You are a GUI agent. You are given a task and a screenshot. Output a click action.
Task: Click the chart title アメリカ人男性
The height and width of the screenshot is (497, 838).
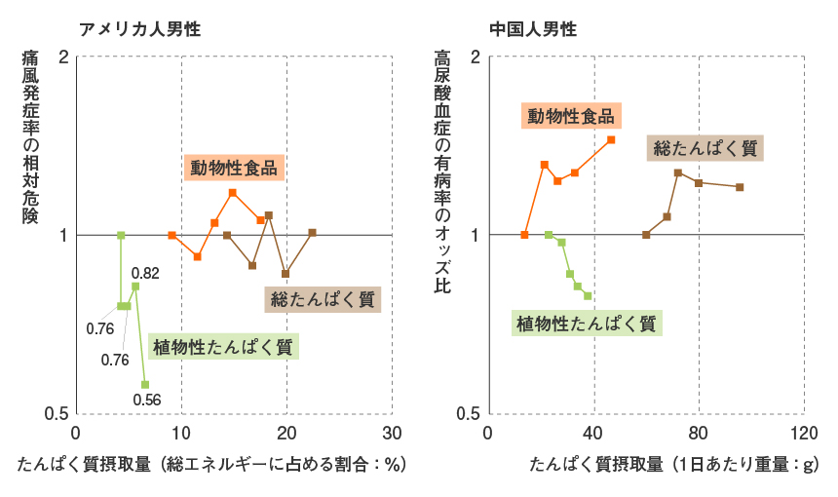139,28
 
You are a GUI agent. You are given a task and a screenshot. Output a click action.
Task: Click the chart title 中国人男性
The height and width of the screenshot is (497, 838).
533,28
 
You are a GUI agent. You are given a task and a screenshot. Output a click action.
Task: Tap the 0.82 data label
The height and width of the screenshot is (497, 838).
145,273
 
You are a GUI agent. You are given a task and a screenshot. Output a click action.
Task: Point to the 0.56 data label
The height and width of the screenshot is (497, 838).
147,400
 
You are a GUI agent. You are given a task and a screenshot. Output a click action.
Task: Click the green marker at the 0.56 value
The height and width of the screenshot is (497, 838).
145,385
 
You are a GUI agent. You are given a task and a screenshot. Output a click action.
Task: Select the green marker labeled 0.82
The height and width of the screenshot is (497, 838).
135,287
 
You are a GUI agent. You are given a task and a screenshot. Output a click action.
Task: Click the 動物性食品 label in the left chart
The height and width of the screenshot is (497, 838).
234,168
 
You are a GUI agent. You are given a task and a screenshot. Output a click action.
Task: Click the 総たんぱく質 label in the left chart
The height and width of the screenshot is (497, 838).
323,299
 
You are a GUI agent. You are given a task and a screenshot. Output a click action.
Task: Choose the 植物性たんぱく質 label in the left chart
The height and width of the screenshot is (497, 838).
223,347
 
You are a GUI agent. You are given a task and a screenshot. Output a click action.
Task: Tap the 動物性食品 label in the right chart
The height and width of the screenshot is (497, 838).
571,116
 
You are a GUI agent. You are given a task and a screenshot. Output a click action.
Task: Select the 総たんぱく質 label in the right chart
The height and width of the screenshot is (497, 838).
705,148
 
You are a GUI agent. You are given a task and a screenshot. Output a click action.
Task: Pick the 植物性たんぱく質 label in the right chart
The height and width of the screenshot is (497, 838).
587,324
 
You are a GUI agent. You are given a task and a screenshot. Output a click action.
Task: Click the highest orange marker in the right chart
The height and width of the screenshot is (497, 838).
611,140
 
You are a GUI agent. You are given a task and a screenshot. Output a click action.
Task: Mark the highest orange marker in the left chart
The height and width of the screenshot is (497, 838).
233,193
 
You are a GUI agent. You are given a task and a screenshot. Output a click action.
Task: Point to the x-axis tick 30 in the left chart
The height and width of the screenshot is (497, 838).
393,433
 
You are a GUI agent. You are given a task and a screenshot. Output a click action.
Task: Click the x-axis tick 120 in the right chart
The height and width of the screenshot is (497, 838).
804,433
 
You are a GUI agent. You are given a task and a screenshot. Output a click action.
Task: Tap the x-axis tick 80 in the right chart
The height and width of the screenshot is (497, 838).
699,433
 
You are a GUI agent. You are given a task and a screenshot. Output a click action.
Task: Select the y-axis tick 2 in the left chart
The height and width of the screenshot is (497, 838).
64,57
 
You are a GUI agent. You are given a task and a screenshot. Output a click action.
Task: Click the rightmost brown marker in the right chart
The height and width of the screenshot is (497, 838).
740,187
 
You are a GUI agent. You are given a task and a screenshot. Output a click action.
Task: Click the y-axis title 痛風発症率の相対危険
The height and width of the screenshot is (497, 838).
30,136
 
